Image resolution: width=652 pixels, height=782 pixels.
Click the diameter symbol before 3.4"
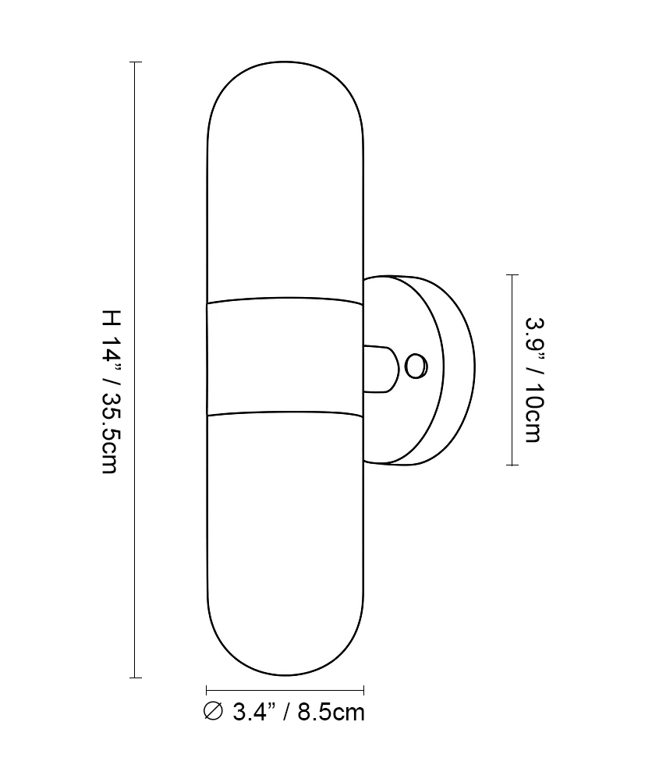pyautogui.click(x=214, y=711)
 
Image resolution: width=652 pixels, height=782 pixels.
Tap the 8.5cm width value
pyautogui.click(x=331, y=712)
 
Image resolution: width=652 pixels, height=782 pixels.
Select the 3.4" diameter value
pyautogui.click(x=255, y=712)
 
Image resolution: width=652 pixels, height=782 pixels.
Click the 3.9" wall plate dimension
pyautogui.click(x=533, y=337)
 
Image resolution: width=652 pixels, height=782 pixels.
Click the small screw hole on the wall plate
pyautogui.click(x=416, y=366)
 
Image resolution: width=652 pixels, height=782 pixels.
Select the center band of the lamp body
pyautogui.click(x=285, y=356)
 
